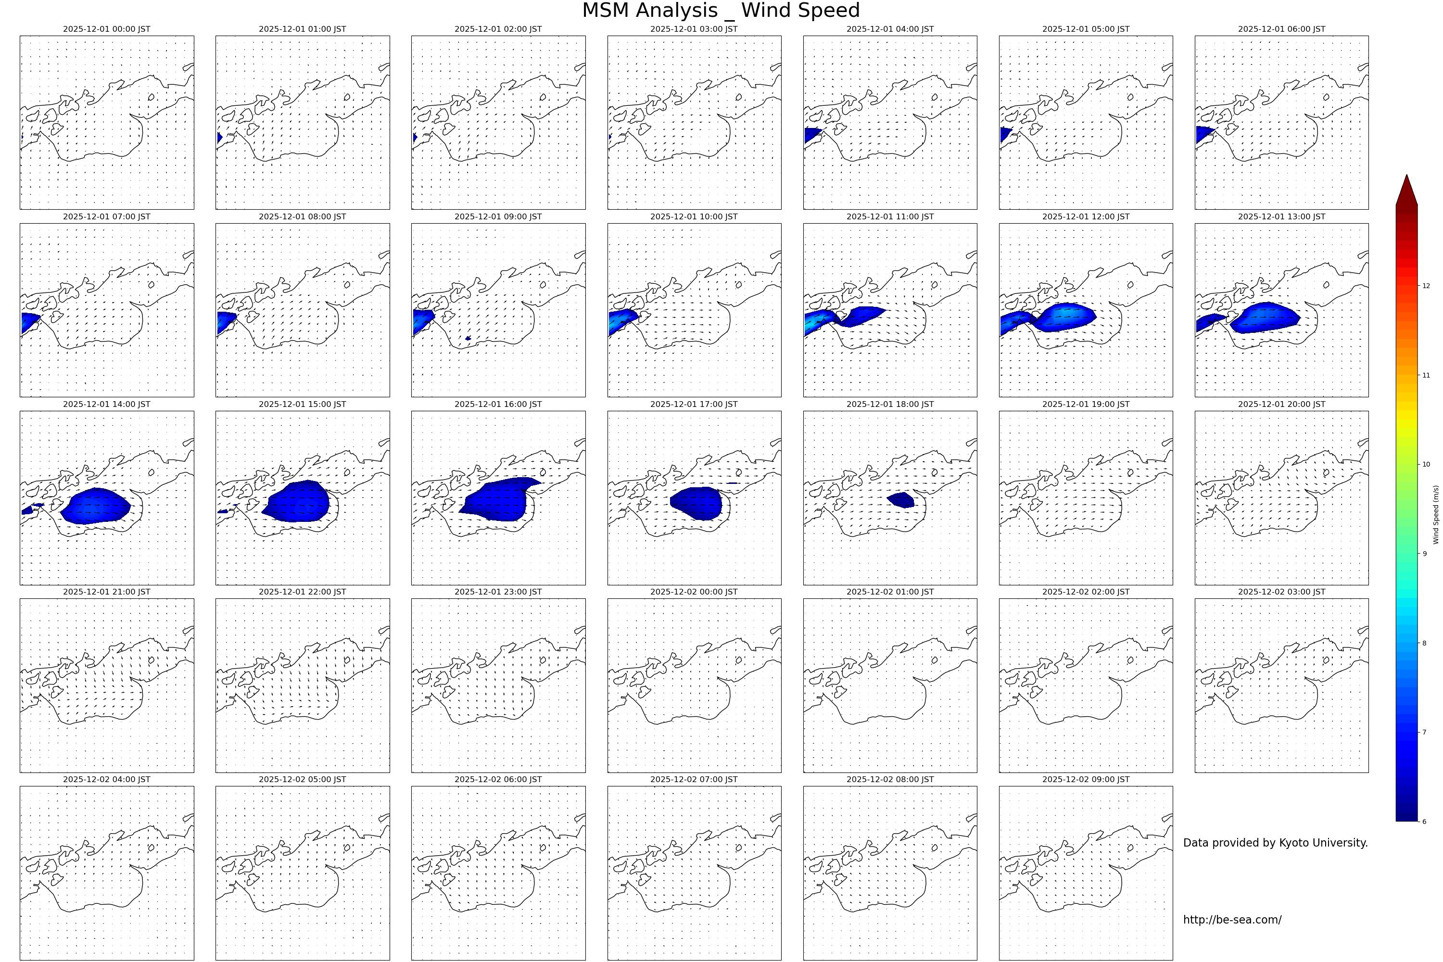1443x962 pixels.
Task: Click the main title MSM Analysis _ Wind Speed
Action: point(721,11)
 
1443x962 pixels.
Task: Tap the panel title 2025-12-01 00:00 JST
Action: point(106,29)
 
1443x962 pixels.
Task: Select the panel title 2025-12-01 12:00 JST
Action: point(1085,216)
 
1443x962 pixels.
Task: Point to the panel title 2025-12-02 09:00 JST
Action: point(1085,779)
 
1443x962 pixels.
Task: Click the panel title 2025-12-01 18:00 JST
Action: point(889,405)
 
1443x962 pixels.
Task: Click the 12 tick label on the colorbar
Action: point(1427,285)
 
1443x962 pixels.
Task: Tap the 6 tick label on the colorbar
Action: point(1425,822)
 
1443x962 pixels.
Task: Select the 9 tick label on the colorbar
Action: point(1425,554)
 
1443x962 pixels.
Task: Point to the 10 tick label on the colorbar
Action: point(1427,465)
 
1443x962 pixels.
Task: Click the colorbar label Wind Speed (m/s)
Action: point(1436,515)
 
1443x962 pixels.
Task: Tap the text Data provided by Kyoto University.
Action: point(1275,843)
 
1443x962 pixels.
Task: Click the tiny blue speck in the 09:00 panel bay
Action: point(468,338)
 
